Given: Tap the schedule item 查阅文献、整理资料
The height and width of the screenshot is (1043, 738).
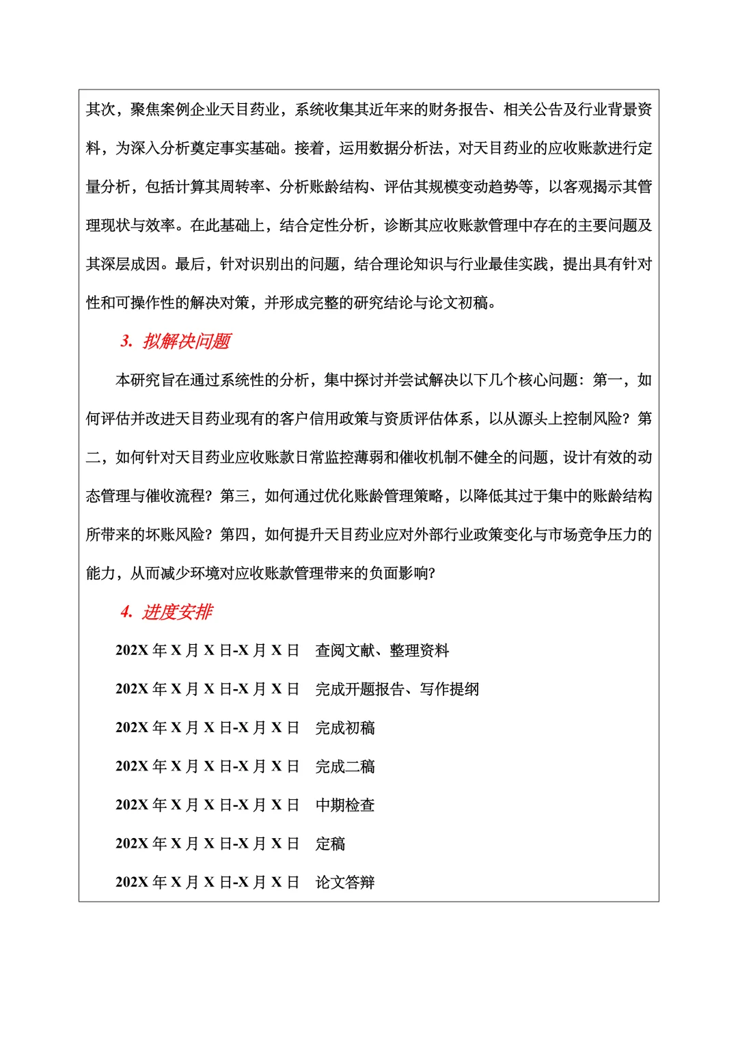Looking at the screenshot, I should (x=382, y=650).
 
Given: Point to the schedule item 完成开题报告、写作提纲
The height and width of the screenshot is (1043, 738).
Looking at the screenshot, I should (x=397, y=689).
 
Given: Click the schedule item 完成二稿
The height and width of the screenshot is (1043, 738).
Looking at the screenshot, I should (x=345, y=766).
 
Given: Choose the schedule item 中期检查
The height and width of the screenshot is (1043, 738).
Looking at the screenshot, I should (x=345, y=805).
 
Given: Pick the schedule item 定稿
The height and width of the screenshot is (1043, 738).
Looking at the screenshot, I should (x=330, y=844).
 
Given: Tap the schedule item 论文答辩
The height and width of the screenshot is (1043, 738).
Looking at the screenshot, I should (x=345, y=882).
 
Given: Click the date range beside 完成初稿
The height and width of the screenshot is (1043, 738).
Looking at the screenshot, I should (x=207, y=728).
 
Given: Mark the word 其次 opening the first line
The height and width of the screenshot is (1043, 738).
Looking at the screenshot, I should (x=100, y=109).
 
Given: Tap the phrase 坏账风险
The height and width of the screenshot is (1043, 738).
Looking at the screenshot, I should (x=174, y=534).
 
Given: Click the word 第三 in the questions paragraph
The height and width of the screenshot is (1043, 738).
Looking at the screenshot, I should (x=234, y=496).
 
